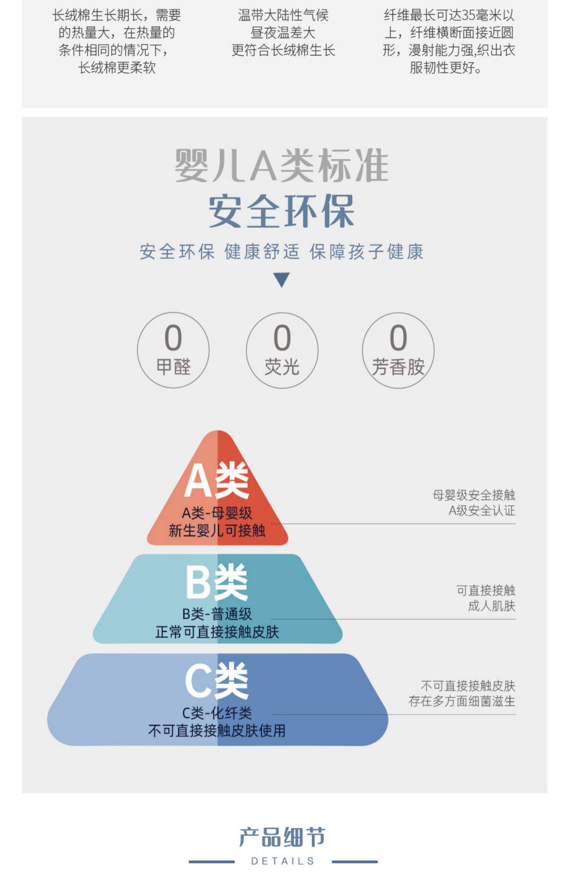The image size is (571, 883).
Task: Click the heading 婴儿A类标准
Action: point(282,166)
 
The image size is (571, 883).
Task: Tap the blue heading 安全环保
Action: point(282,211)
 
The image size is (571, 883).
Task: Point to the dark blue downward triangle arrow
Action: point(282,280)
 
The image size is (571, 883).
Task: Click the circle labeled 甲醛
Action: point(173,350)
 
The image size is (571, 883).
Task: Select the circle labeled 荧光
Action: point(282,350)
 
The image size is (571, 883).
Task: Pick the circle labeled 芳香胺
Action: point(398,350)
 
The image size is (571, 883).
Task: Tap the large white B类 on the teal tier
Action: point(217,582)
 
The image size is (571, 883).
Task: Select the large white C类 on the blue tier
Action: point(217,681)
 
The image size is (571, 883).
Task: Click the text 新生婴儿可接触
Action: point(217,530)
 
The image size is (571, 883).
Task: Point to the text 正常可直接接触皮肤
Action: point(217,632)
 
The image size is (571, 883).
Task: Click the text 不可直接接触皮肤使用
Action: point(217,731)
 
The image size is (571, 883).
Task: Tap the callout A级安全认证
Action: point(482,510)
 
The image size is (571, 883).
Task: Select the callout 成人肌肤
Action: point(491,606)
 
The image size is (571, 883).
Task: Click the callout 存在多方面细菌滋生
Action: point(462,701)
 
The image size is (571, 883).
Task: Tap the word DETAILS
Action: point(282,861)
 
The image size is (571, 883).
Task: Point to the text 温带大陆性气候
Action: point(283,16)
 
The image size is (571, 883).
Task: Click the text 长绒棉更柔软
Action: point(117,68)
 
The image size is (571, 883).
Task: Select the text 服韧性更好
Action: point(445,68)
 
